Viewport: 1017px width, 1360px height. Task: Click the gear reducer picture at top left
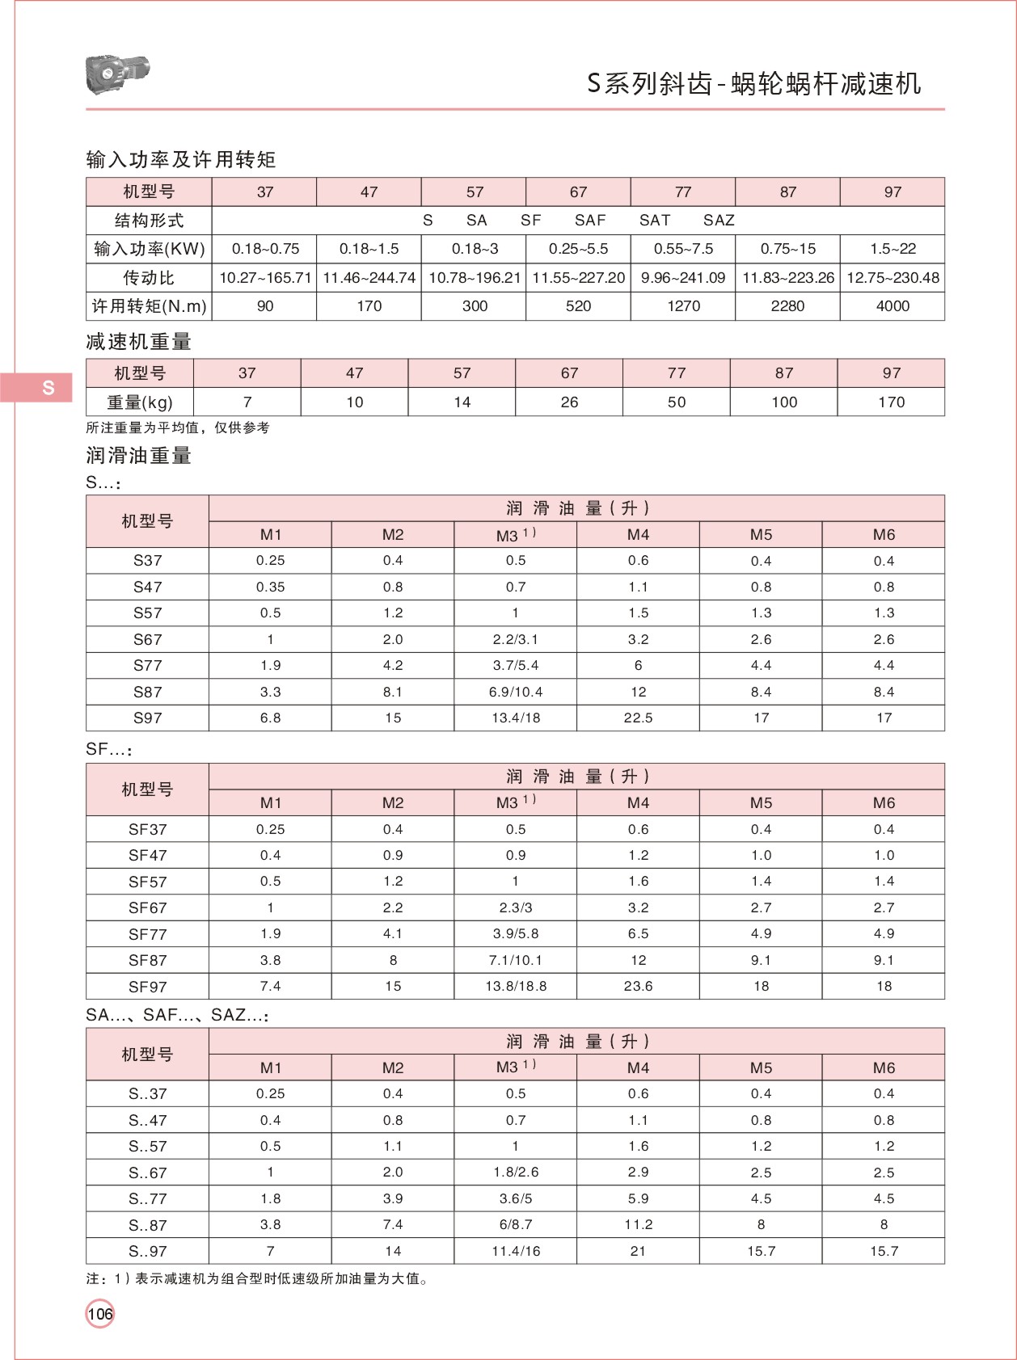pos(117,74)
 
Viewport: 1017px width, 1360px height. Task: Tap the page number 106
pos(100,1314)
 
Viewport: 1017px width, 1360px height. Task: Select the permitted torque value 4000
pos(893,306)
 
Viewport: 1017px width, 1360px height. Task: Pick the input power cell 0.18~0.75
pos(265,249)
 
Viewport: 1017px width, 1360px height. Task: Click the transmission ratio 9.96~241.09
pos(683,278)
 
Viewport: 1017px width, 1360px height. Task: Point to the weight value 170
pos(891,402)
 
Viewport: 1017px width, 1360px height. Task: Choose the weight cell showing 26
pos(569,402)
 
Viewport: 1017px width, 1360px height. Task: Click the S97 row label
pos(147,718)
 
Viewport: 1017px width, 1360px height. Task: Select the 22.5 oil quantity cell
pos(638,718)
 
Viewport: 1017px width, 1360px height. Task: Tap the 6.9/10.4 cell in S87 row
pos(516,692)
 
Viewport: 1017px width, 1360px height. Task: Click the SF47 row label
pos(147,855)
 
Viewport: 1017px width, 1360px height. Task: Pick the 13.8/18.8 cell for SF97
pos(516,987)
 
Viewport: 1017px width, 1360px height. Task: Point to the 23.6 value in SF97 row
pos(638,987)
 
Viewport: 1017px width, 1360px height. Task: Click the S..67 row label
pos(147,1173)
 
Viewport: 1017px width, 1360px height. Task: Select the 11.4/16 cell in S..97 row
pos(516,1251)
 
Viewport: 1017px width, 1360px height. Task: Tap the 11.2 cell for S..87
pos(638,1225)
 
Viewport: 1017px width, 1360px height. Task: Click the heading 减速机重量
pos(138,343)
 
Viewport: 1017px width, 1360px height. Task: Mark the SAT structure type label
pos(654,221)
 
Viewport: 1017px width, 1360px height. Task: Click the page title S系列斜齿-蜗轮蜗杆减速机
pos(753,84)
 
